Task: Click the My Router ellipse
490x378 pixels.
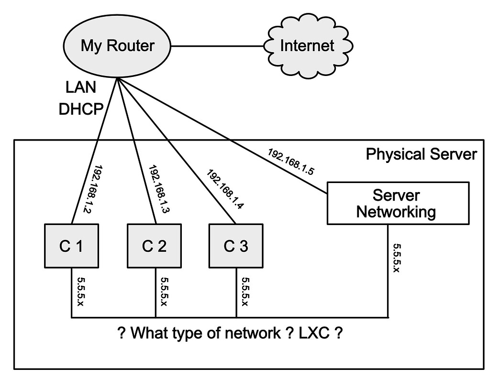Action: pos(117,46)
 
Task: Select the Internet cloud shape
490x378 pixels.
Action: pos(307,46)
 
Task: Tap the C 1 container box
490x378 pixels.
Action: pos(71,246)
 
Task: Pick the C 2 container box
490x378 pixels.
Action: pos(155,246)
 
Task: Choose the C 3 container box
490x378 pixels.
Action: pos(236,246)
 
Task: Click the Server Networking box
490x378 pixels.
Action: pos(397,203)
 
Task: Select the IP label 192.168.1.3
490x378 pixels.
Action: pos(157,189)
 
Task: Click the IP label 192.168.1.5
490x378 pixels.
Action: pos(290,162)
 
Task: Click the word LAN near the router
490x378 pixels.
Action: pos(80,87)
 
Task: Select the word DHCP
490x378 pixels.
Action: pos(81,109)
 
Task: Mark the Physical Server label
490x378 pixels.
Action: pos(421,154)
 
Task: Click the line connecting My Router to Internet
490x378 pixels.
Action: pos(218,46)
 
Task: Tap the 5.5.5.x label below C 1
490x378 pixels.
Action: pos(80,293)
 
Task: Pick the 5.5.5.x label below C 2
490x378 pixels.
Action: pos(164,293)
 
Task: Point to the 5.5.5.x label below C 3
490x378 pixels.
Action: pos(245,293)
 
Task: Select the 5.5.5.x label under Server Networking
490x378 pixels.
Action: pos(397,258)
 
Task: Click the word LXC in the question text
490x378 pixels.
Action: pos(314,333)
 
